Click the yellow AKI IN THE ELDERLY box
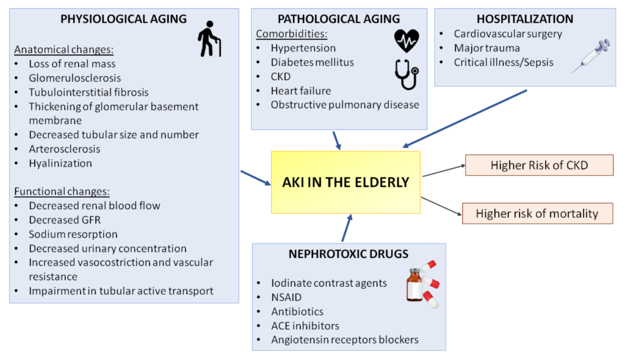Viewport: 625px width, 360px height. pyautogui.click(x=345, y=182)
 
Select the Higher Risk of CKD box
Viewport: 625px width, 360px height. pyautogui.click(x=539, y=165)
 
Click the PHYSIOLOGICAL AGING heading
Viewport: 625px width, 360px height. pyautogui.click(x=123, y=19)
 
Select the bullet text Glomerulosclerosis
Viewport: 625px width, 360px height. pyautogui.click(x=74, y=78)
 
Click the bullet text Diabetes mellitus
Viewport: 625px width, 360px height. pyautogui.click(x=312, y=62)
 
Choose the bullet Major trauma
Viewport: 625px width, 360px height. pyautogui.click(x=486, y=48)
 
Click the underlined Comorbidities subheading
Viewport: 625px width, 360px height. pyautogui.click(x=291, y=34)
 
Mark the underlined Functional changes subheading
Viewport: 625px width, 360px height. pyautogui.click(x=62, y=191)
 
